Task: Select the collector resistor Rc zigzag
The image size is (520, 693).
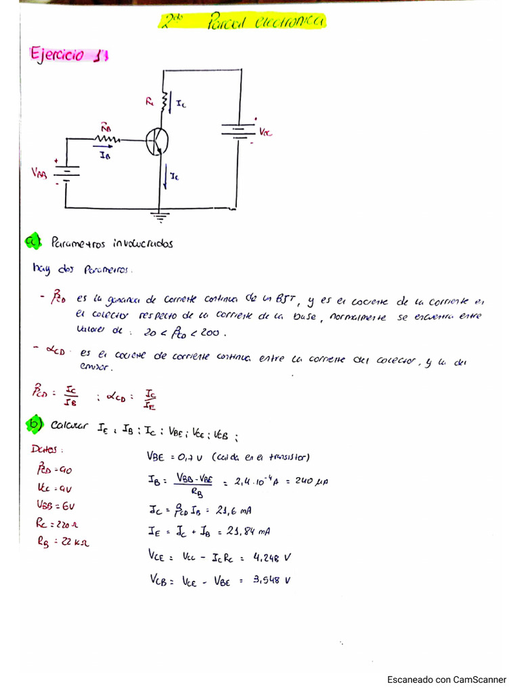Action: click(x=163, y=101)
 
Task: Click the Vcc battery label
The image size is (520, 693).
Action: click(x=265, y=133)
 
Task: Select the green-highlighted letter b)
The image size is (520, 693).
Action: click(x=34, y=424)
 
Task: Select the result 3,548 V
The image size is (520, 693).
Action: click(x=271, y=580)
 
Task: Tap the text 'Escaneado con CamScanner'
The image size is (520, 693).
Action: click(x=446, y=679)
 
